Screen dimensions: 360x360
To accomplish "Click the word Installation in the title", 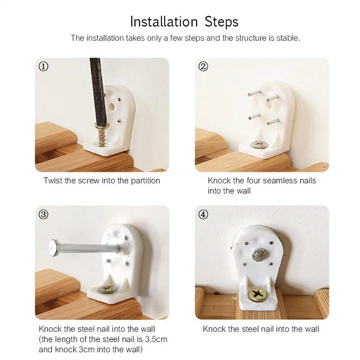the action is [x=164, y=22].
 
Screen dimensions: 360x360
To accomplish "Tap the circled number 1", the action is [x=43, y=67].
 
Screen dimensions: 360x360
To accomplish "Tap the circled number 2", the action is [x=203, y=67].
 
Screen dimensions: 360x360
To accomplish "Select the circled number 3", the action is [x=43, y=215].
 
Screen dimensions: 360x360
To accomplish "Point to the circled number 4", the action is [x=203, y=215].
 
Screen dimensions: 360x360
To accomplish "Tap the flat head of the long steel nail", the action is [x=54, y=248].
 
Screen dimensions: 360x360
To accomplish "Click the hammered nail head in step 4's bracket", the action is [x=259, y=255].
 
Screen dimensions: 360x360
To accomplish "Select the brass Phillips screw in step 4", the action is [x=258, y=295].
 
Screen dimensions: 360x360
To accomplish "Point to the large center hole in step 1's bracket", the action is [x=111, y=106].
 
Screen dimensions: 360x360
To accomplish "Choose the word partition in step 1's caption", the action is [x=145, y=181].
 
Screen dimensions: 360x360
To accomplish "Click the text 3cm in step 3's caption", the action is [x=87, y=349].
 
